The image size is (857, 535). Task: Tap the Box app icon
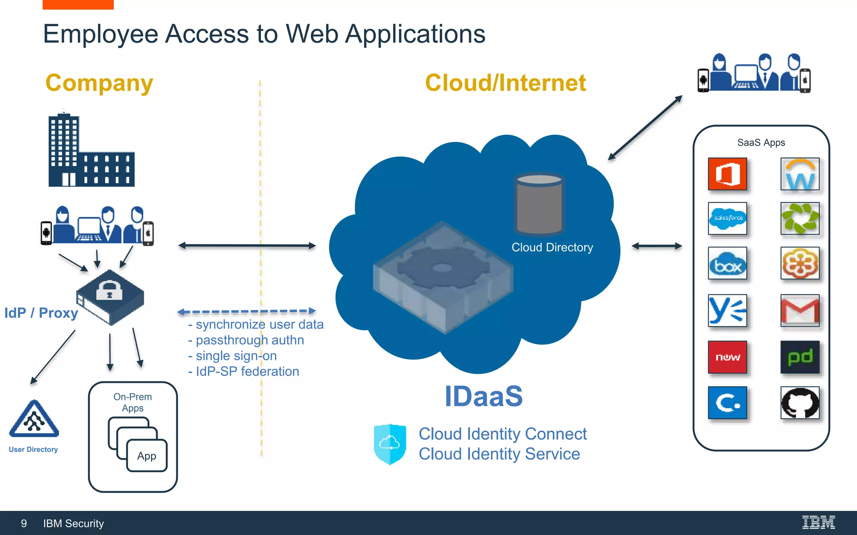[x=727, y=264]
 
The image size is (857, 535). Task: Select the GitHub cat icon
[x=800, y=403]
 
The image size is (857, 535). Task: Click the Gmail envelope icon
[x=800, y=311]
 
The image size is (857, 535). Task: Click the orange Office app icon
[x=727, y=174]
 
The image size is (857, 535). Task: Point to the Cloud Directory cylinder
[x=539, y=205]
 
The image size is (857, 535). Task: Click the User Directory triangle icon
[x=34, y=420]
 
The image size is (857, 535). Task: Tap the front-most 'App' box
[x=147, y=456]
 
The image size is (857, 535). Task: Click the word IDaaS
[x=483, y=396]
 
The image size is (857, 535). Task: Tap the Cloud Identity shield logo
[x=390, y=444]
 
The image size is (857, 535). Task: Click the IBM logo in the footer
[x=818, y=522]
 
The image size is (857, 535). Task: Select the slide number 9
[x=24, y=523]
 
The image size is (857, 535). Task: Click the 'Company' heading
[x=99, y=83]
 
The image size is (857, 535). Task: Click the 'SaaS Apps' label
[x=761, y=143]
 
